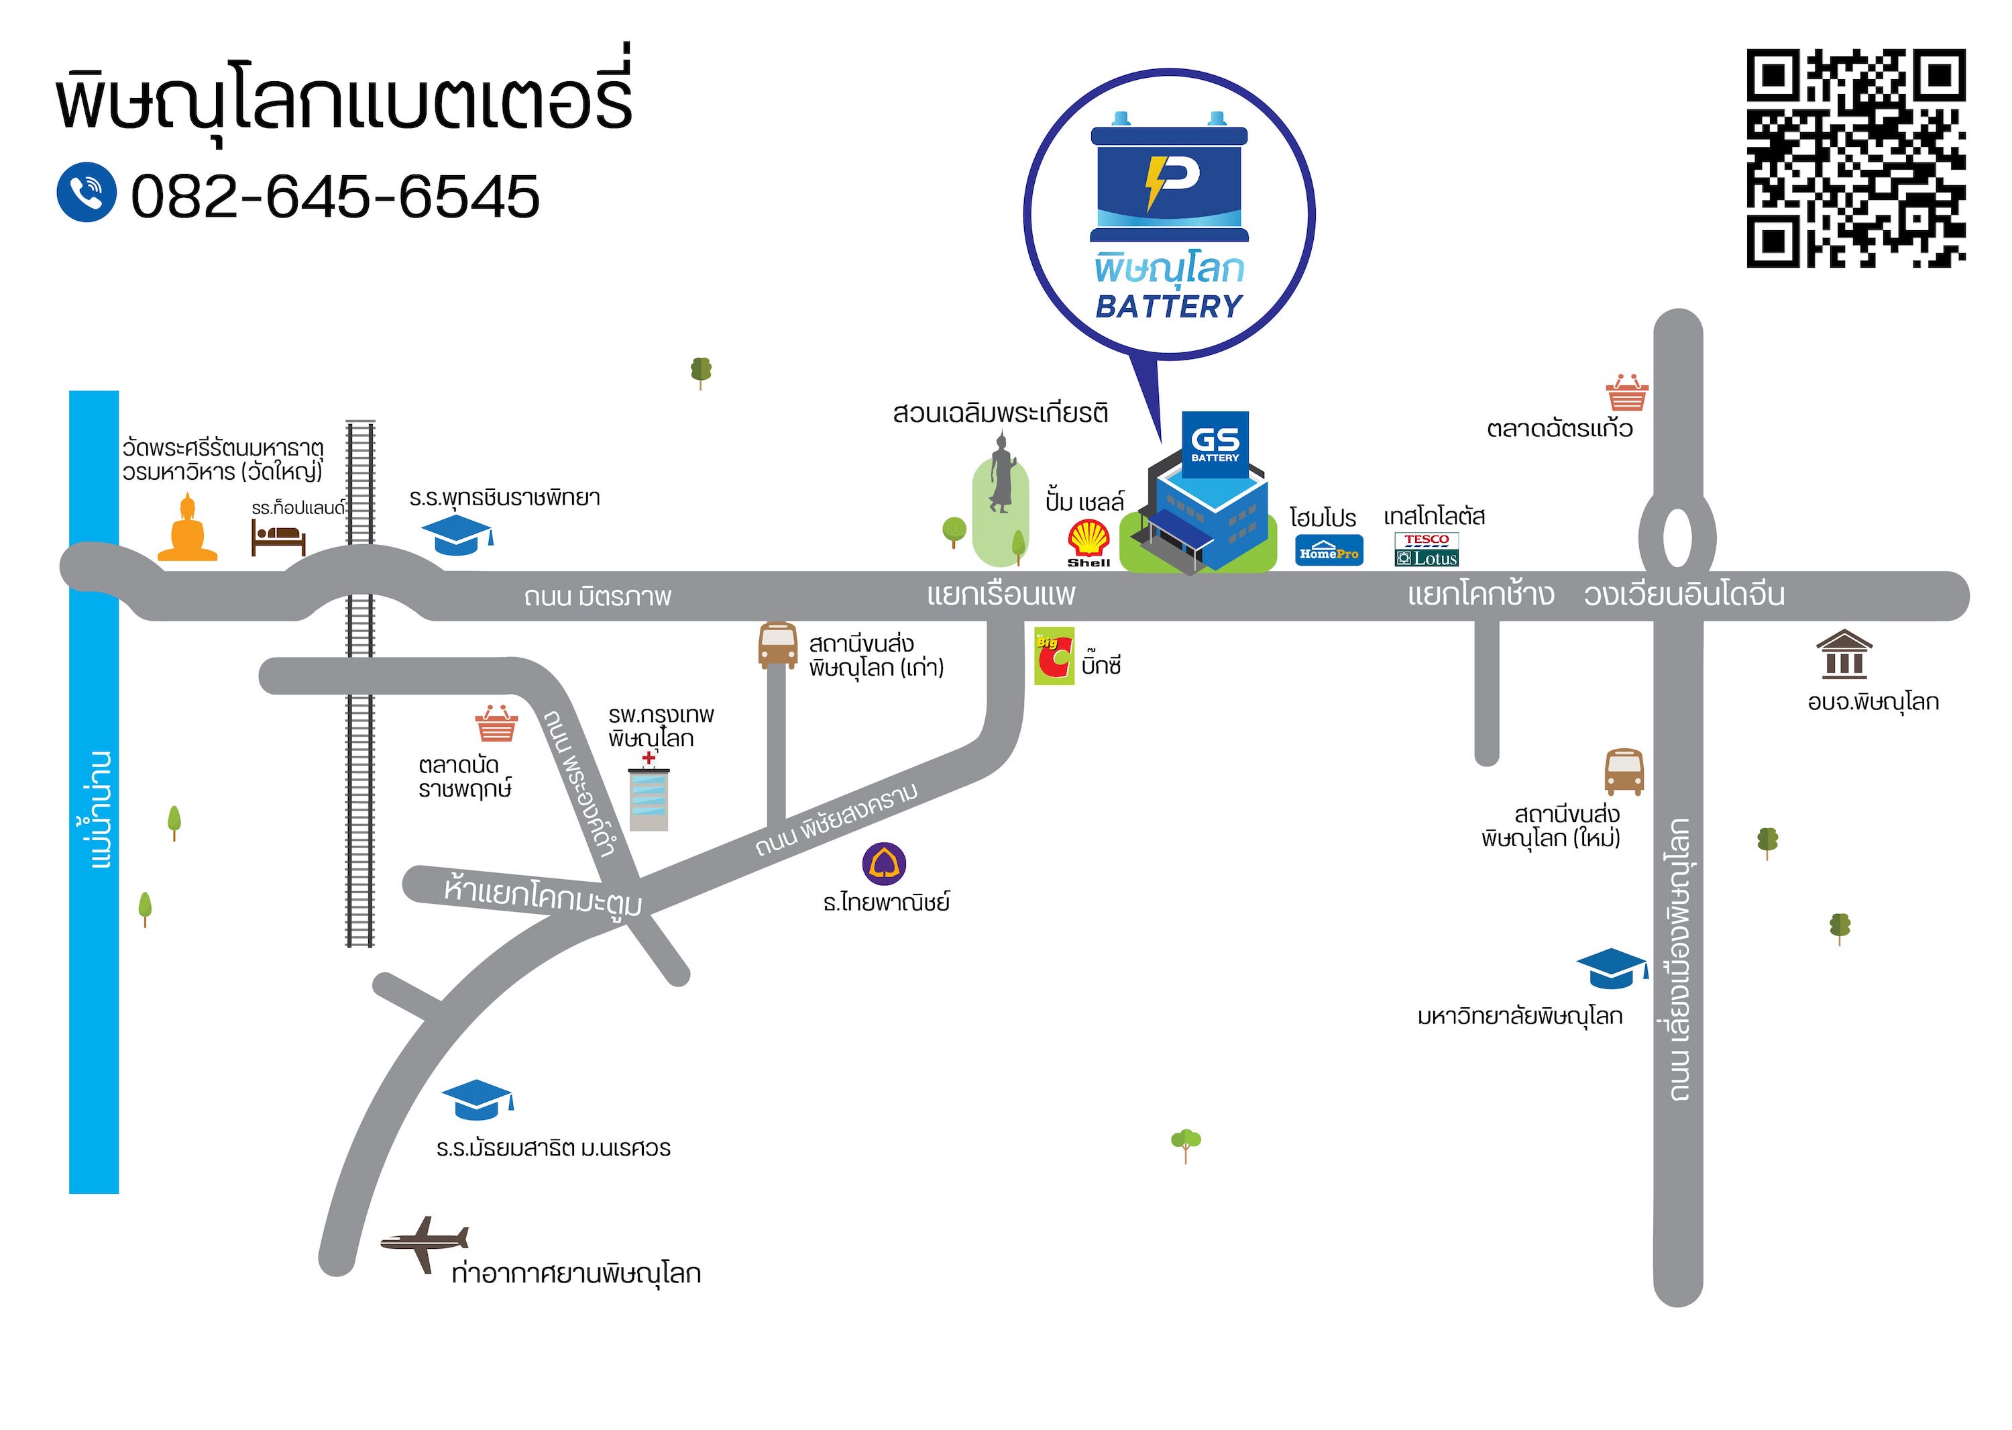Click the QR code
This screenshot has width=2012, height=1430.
click(1855, 158)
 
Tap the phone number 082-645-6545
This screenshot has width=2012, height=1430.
click(335, 197)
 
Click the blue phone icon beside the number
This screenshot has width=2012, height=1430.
click(87, 192)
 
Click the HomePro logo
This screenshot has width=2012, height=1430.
click(1329, 551)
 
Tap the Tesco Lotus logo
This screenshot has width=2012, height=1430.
click(1427, 550)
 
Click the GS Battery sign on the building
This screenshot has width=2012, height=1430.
click(1215, 444)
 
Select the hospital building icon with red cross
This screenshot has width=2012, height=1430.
click(649, 795)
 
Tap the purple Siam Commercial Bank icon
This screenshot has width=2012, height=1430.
click(884, 864)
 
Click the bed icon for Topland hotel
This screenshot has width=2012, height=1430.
click(278, 537)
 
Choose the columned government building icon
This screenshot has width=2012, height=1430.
click(1844, 654)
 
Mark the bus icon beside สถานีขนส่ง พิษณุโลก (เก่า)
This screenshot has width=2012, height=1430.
click(778, 646)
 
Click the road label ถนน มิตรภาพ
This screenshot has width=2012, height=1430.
click(598, 597)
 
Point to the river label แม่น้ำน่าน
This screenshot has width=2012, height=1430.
click(101, 809)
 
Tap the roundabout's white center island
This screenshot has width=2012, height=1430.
click(1677, 537)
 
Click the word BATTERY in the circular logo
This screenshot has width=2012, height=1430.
click(1169, 307)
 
